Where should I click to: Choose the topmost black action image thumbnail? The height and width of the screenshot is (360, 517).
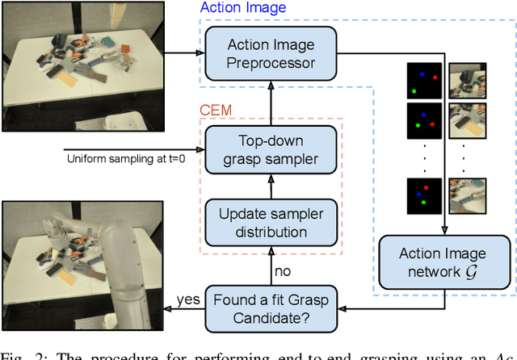pyautogui.click(x=424, y=80)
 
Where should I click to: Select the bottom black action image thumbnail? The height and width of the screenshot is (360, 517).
pyautogui.click(x=424, y=195)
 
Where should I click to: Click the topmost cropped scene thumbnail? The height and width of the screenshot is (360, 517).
pyautogui.click(x=466, y=80)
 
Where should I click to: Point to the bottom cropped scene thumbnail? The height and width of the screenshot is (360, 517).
pyautogui.click(x=466, y=195)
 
